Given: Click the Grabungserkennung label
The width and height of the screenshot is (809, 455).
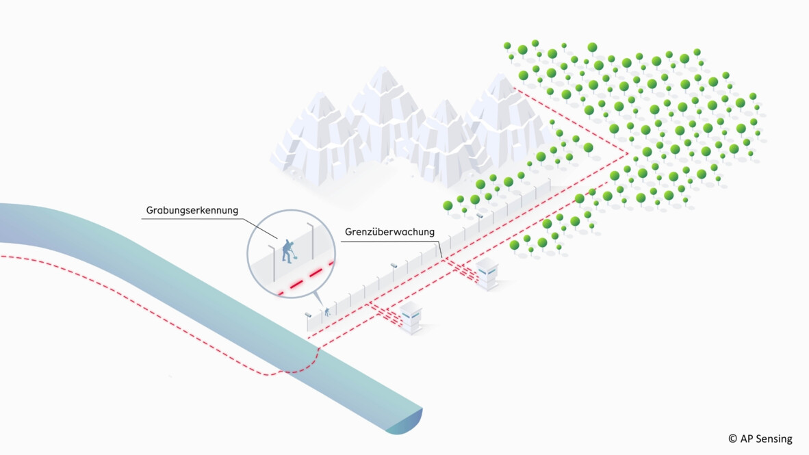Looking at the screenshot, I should [x=192, y=210].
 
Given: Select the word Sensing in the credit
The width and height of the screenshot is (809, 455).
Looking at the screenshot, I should [x=773, y=439].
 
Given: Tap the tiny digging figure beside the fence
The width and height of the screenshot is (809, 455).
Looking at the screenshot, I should [x=328, y=311].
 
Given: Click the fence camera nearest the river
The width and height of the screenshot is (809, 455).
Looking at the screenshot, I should [x=308, y=314].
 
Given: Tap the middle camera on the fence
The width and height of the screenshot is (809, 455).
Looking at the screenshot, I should [x=394, y=264].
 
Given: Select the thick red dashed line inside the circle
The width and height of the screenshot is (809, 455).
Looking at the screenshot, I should [x=306, y=278].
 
